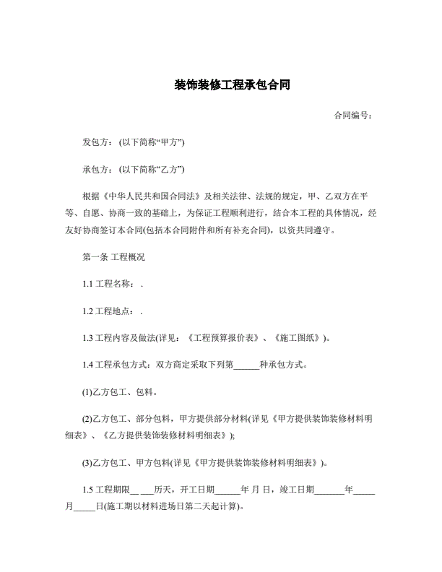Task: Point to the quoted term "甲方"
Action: [x=170, y=142]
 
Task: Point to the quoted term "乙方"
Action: [x=170, y=170]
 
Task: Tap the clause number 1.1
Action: [x=89, y=284]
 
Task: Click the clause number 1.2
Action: [x=89, y=311]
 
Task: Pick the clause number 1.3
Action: [x=89, y=337]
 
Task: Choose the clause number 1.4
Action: [x=89, y=365]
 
